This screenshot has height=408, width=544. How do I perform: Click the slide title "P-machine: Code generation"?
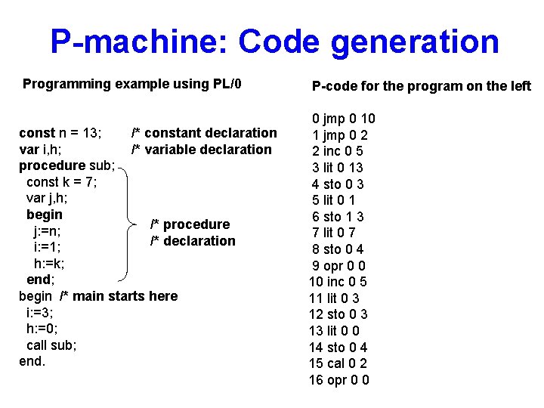point(274,42)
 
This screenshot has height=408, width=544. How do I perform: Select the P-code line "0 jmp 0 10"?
point(344,119)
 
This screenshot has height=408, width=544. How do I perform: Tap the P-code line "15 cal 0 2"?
point(338,363)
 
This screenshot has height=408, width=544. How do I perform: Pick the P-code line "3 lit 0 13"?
point(338,168)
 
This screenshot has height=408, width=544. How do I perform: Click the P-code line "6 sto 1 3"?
point(338,217)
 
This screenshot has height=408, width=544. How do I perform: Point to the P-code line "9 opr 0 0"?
point(339,266)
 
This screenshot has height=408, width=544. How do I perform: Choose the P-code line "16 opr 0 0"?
point(338,380)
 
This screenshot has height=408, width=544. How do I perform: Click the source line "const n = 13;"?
point(60,133)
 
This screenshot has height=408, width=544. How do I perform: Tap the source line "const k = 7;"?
point(61,182)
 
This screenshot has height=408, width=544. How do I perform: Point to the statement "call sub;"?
point(51,345)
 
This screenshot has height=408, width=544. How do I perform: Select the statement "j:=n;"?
point(48,231)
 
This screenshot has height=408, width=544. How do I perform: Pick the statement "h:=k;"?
point(49,264)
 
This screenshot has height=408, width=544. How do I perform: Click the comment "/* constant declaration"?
point(204,133)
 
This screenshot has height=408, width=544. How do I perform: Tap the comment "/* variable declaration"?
point(201,150)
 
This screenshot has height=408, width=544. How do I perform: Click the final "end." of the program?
point(32,361)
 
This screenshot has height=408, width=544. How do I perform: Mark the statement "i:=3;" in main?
point(39,312)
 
